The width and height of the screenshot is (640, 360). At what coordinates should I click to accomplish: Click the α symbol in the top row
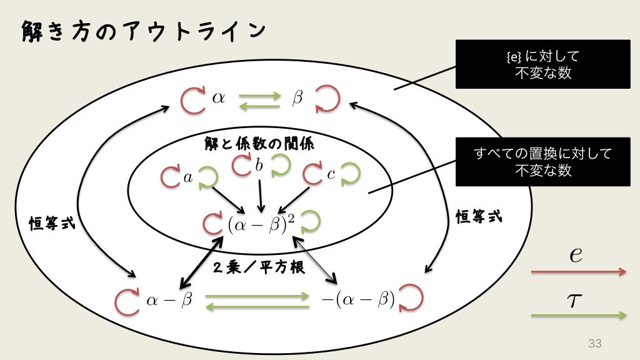pos(219,98)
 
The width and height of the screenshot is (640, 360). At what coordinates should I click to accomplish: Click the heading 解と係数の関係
pos(260,144)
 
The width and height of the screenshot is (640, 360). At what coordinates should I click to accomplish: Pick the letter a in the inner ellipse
pos(188,177)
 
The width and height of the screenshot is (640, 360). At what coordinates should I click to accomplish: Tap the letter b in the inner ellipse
pos(259,165)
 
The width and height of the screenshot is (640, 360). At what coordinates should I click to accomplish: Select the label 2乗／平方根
pos(259,267)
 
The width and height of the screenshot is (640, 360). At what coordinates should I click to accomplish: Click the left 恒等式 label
pos(52,223)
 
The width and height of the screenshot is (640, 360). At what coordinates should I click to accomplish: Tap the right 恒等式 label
pos(479,218)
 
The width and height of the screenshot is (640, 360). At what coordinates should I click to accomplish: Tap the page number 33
pos(594,343)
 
